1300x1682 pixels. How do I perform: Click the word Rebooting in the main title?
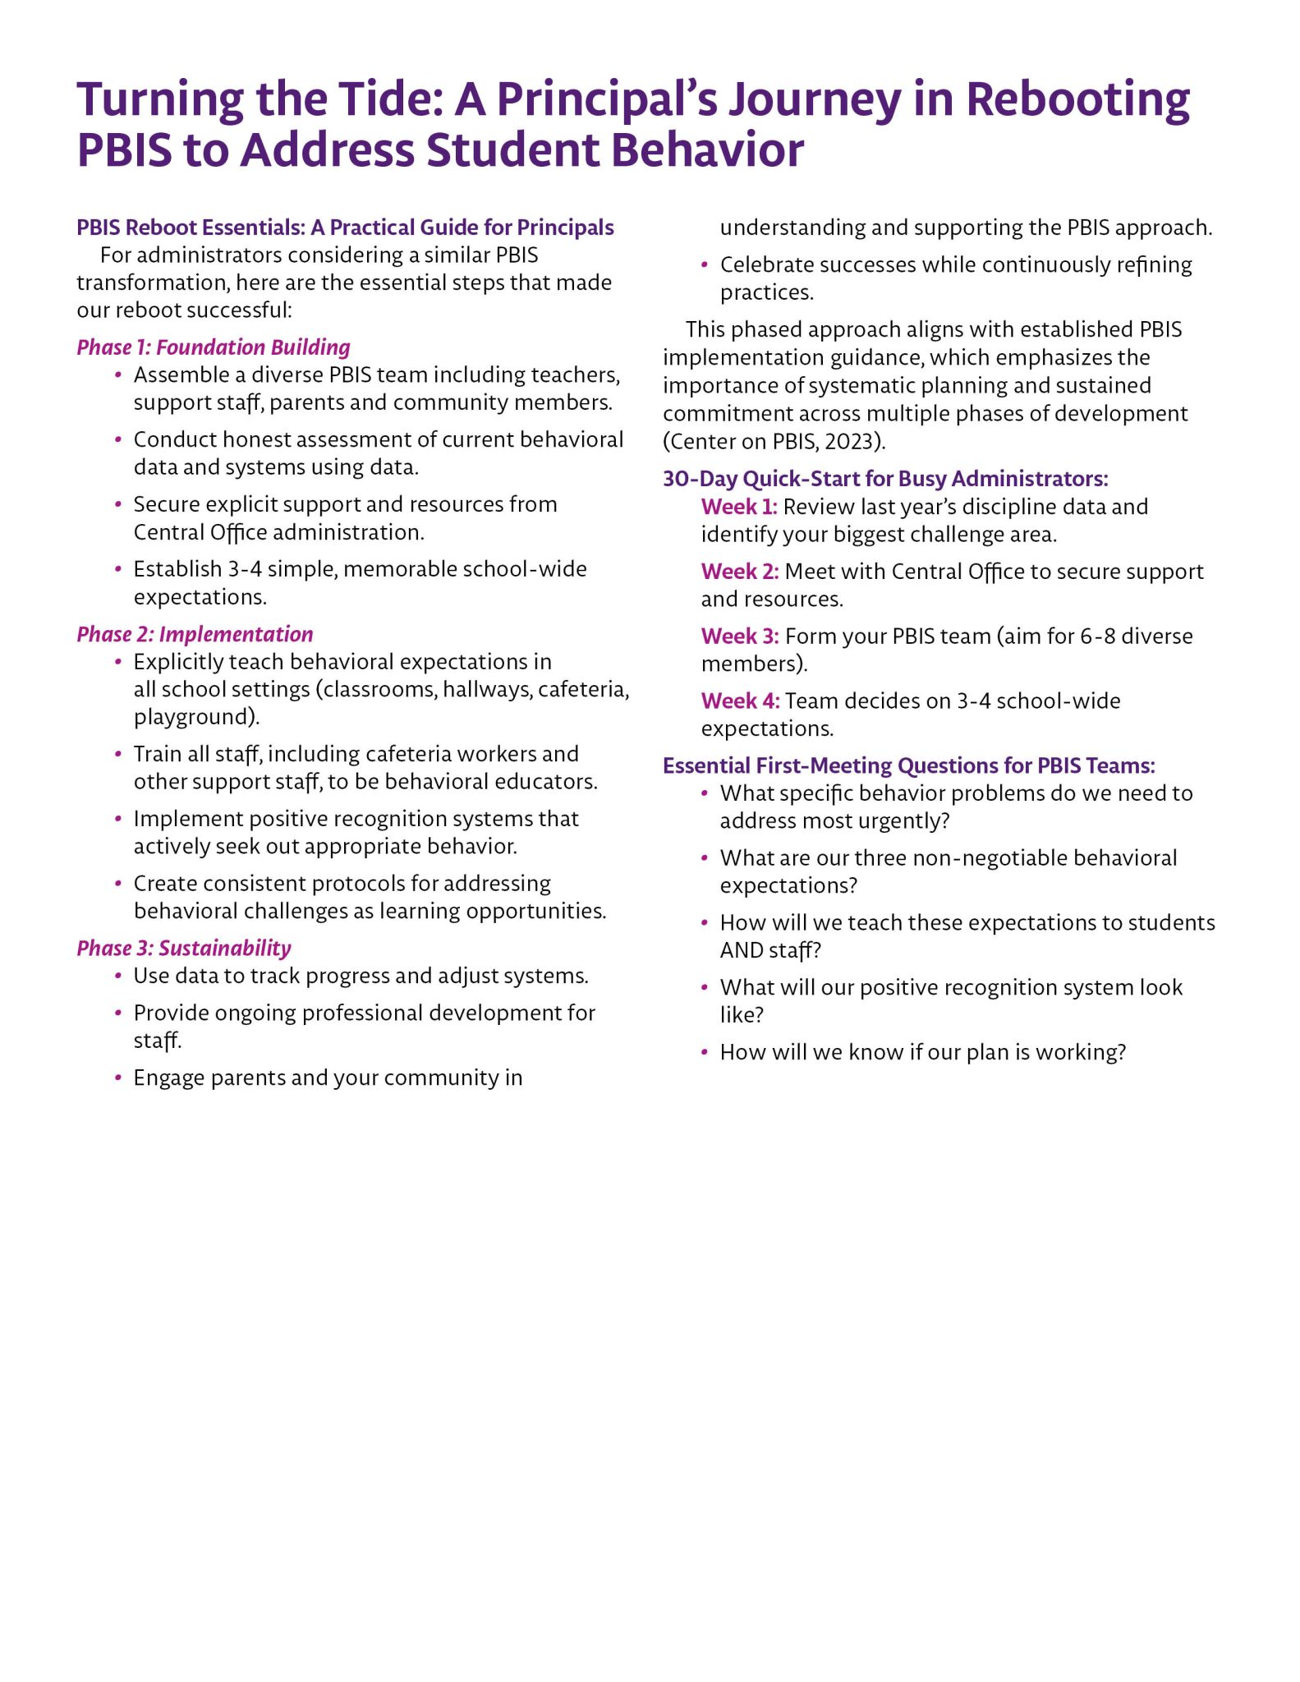click(x=1077, y=99)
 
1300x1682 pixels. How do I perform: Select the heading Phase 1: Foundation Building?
click(x=214, y=347)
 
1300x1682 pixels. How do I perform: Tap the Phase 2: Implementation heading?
click(x=195, y=634)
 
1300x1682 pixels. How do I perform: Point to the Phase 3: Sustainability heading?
click(x=184, y=949)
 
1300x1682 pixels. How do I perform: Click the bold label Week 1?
click(x=739, y=507)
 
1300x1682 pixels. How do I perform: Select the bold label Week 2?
click(x=740, y=572)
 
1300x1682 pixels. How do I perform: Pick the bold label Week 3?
click(x=740, y=636)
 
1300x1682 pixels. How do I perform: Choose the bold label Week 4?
click(x=740, y=701)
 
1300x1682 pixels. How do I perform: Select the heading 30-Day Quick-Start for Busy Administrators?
click(x=885, y=479)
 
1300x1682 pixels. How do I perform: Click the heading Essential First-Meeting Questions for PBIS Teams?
click(x=909, y=766)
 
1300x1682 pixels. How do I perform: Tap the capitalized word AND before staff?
click(x=742, y=950)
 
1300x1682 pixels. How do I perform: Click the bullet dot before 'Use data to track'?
click(x=119, y=977)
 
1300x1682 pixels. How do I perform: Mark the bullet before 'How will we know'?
click(x=705, y=1053)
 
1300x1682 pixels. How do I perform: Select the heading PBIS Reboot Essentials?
click(x=345, y=227)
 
